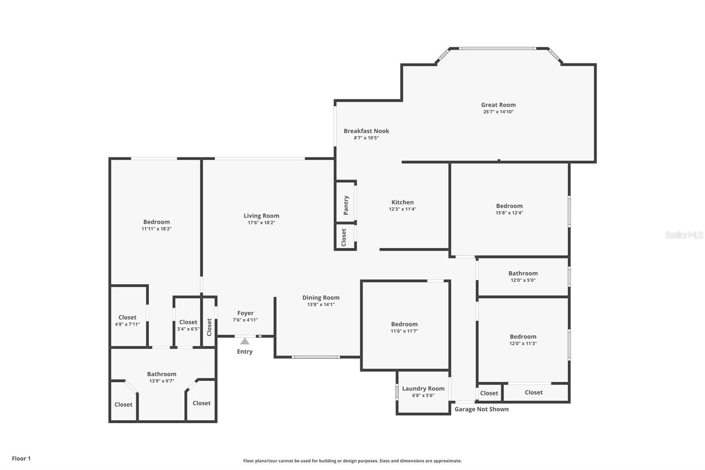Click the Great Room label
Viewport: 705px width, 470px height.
[498, 105]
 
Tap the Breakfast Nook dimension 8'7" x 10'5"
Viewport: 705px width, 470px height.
[366, 138]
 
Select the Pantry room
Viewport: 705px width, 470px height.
[346, 205]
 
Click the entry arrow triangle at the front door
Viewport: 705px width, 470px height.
[245, 341]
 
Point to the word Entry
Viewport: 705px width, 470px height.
[245, 351]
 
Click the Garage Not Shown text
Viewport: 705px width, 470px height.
[481, 409]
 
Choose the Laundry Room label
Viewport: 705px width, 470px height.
[423, 388]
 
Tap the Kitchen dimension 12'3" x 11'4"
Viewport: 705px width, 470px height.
[402, 209]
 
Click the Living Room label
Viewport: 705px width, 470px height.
[261, 216]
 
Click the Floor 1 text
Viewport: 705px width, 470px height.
[21, 459]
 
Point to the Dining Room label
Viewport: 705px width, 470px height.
[321, 298]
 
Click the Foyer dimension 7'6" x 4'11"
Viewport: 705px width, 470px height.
[245, 320]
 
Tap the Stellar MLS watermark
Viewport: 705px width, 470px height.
[684, 235]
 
